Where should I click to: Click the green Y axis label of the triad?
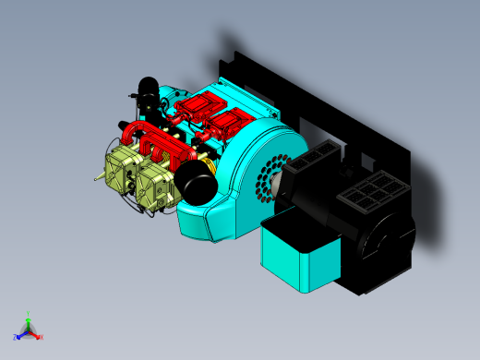click(x=29, y=313)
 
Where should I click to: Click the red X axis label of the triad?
click(x=42, y=336)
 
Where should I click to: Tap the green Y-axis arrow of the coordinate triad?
click(x=29, y=322)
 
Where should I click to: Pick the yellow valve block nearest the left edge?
click(x=118, y=173)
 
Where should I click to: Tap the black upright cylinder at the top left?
click(x=148, y=90)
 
